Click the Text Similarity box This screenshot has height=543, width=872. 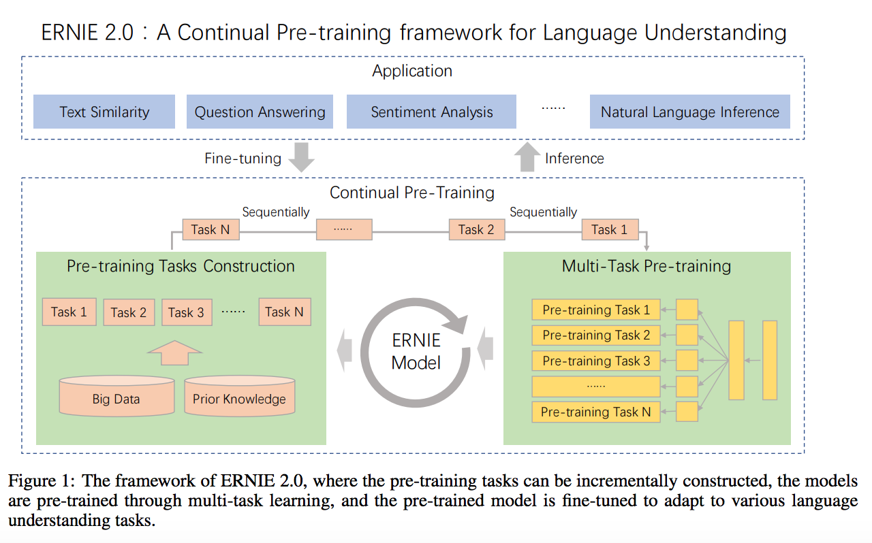click(104, 112)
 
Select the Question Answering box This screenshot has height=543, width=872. click(260, 112)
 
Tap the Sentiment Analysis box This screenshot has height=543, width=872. click(431, 112)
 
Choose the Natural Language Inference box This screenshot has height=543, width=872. click(690, 112)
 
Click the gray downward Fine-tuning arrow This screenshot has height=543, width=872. click(301, 157)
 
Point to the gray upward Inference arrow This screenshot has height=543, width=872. click(527, 157)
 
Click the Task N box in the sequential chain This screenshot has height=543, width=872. click(211, 229)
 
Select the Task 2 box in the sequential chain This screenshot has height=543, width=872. click(477, 229)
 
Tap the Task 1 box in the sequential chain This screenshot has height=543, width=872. click(610, 229)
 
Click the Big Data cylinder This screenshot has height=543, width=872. click(116, 396)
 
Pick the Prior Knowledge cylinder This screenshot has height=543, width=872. click(239, 396)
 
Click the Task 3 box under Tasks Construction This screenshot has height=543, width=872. click(187, 312)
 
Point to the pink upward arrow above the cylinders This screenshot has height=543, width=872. click(175, 352)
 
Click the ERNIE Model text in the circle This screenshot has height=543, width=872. click(416, 352)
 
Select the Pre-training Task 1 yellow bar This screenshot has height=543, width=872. click(596, 310)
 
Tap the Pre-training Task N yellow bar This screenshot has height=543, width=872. click(596, 412)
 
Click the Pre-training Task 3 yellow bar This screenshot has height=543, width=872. click(596, 361)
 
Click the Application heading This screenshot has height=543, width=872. click(412, 71)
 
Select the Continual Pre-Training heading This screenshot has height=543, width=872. click(412, 193)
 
